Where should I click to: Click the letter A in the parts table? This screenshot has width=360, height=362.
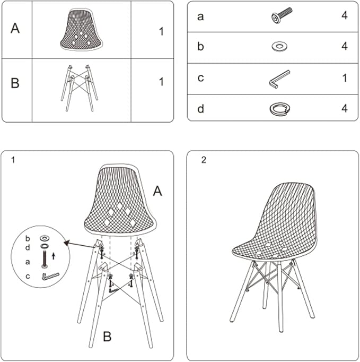[x=15, y=28]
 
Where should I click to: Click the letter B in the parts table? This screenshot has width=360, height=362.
[x=15, y=83]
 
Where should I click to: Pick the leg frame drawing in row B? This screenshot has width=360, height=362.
[x=80, y=88]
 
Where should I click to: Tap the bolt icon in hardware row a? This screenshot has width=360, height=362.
[x=282, y=15]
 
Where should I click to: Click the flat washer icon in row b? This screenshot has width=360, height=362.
[x=279, y=46]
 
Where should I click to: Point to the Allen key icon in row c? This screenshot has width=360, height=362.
[x=279, y=79]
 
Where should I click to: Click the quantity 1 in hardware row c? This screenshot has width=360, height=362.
[x=345, y=78]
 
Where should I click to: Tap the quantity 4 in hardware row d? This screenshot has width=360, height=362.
[x=345, y=108]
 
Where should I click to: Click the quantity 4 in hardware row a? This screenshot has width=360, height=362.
[x=345, y=15]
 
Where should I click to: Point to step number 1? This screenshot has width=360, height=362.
[x=13, y=160]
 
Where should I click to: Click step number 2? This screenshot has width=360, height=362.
[x=204, y=160]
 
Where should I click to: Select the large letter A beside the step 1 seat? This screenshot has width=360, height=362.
[x=157, y=192]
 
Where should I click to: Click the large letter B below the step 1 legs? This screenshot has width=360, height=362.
[x=107, y=337]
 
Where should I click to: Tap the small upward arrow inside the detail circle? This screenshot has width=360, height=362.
[x=54, y=256]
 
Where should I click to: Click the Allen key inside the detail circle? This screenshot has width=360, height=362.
[x=50, y=277]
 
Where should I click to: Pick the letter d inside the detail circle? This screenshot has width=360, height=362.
[x=28, y=247]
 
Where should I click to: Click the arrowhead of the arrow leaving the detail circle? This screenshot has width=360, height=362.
[x=66, y=243]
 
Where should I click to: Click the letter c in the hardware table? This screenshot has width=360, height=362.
[x=200, y=78]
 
